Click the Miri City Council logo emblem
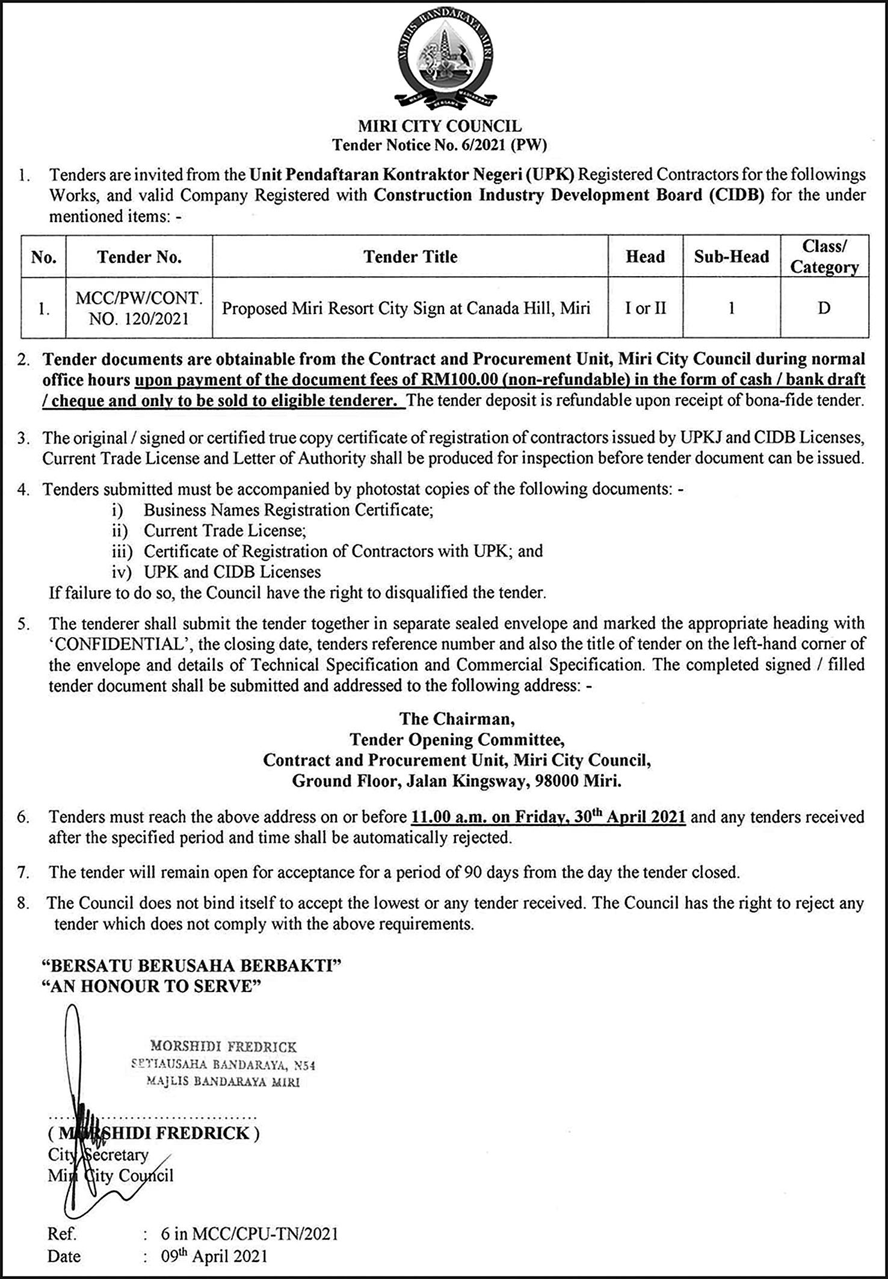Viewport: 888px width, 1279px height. (442, 60)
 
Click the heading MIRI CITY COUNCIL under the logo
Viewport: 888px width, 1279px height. (440, 126)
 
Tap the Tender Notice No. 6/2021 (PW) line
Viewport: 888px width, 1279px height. (440, 145)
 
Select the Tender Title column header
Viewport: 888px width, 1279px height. (410, 257)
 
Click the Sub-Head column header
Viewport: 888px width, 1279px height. (731, 257)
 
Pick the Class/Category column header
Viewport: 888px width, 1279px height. (824, 257)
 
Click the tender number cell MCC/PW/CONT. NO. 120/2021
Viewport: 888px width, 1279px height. (139, 308)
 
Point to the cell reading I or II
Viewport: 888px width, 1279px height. (645, 309)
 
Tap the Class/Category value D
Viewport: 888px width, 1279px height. (824, 309)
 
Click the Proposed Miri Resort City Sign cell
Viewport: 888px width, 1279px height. (406, 309)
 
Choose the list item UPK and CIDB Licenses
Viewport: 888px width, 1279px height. (232, 572)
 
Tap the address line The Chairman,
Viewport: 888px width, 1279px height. (457, 719)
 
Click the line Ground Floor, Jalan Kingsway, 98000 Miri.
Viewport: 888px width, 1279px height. (457, 781)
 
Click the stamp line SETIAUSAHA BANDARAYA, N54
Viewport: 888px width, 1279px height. (223, 1064)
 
